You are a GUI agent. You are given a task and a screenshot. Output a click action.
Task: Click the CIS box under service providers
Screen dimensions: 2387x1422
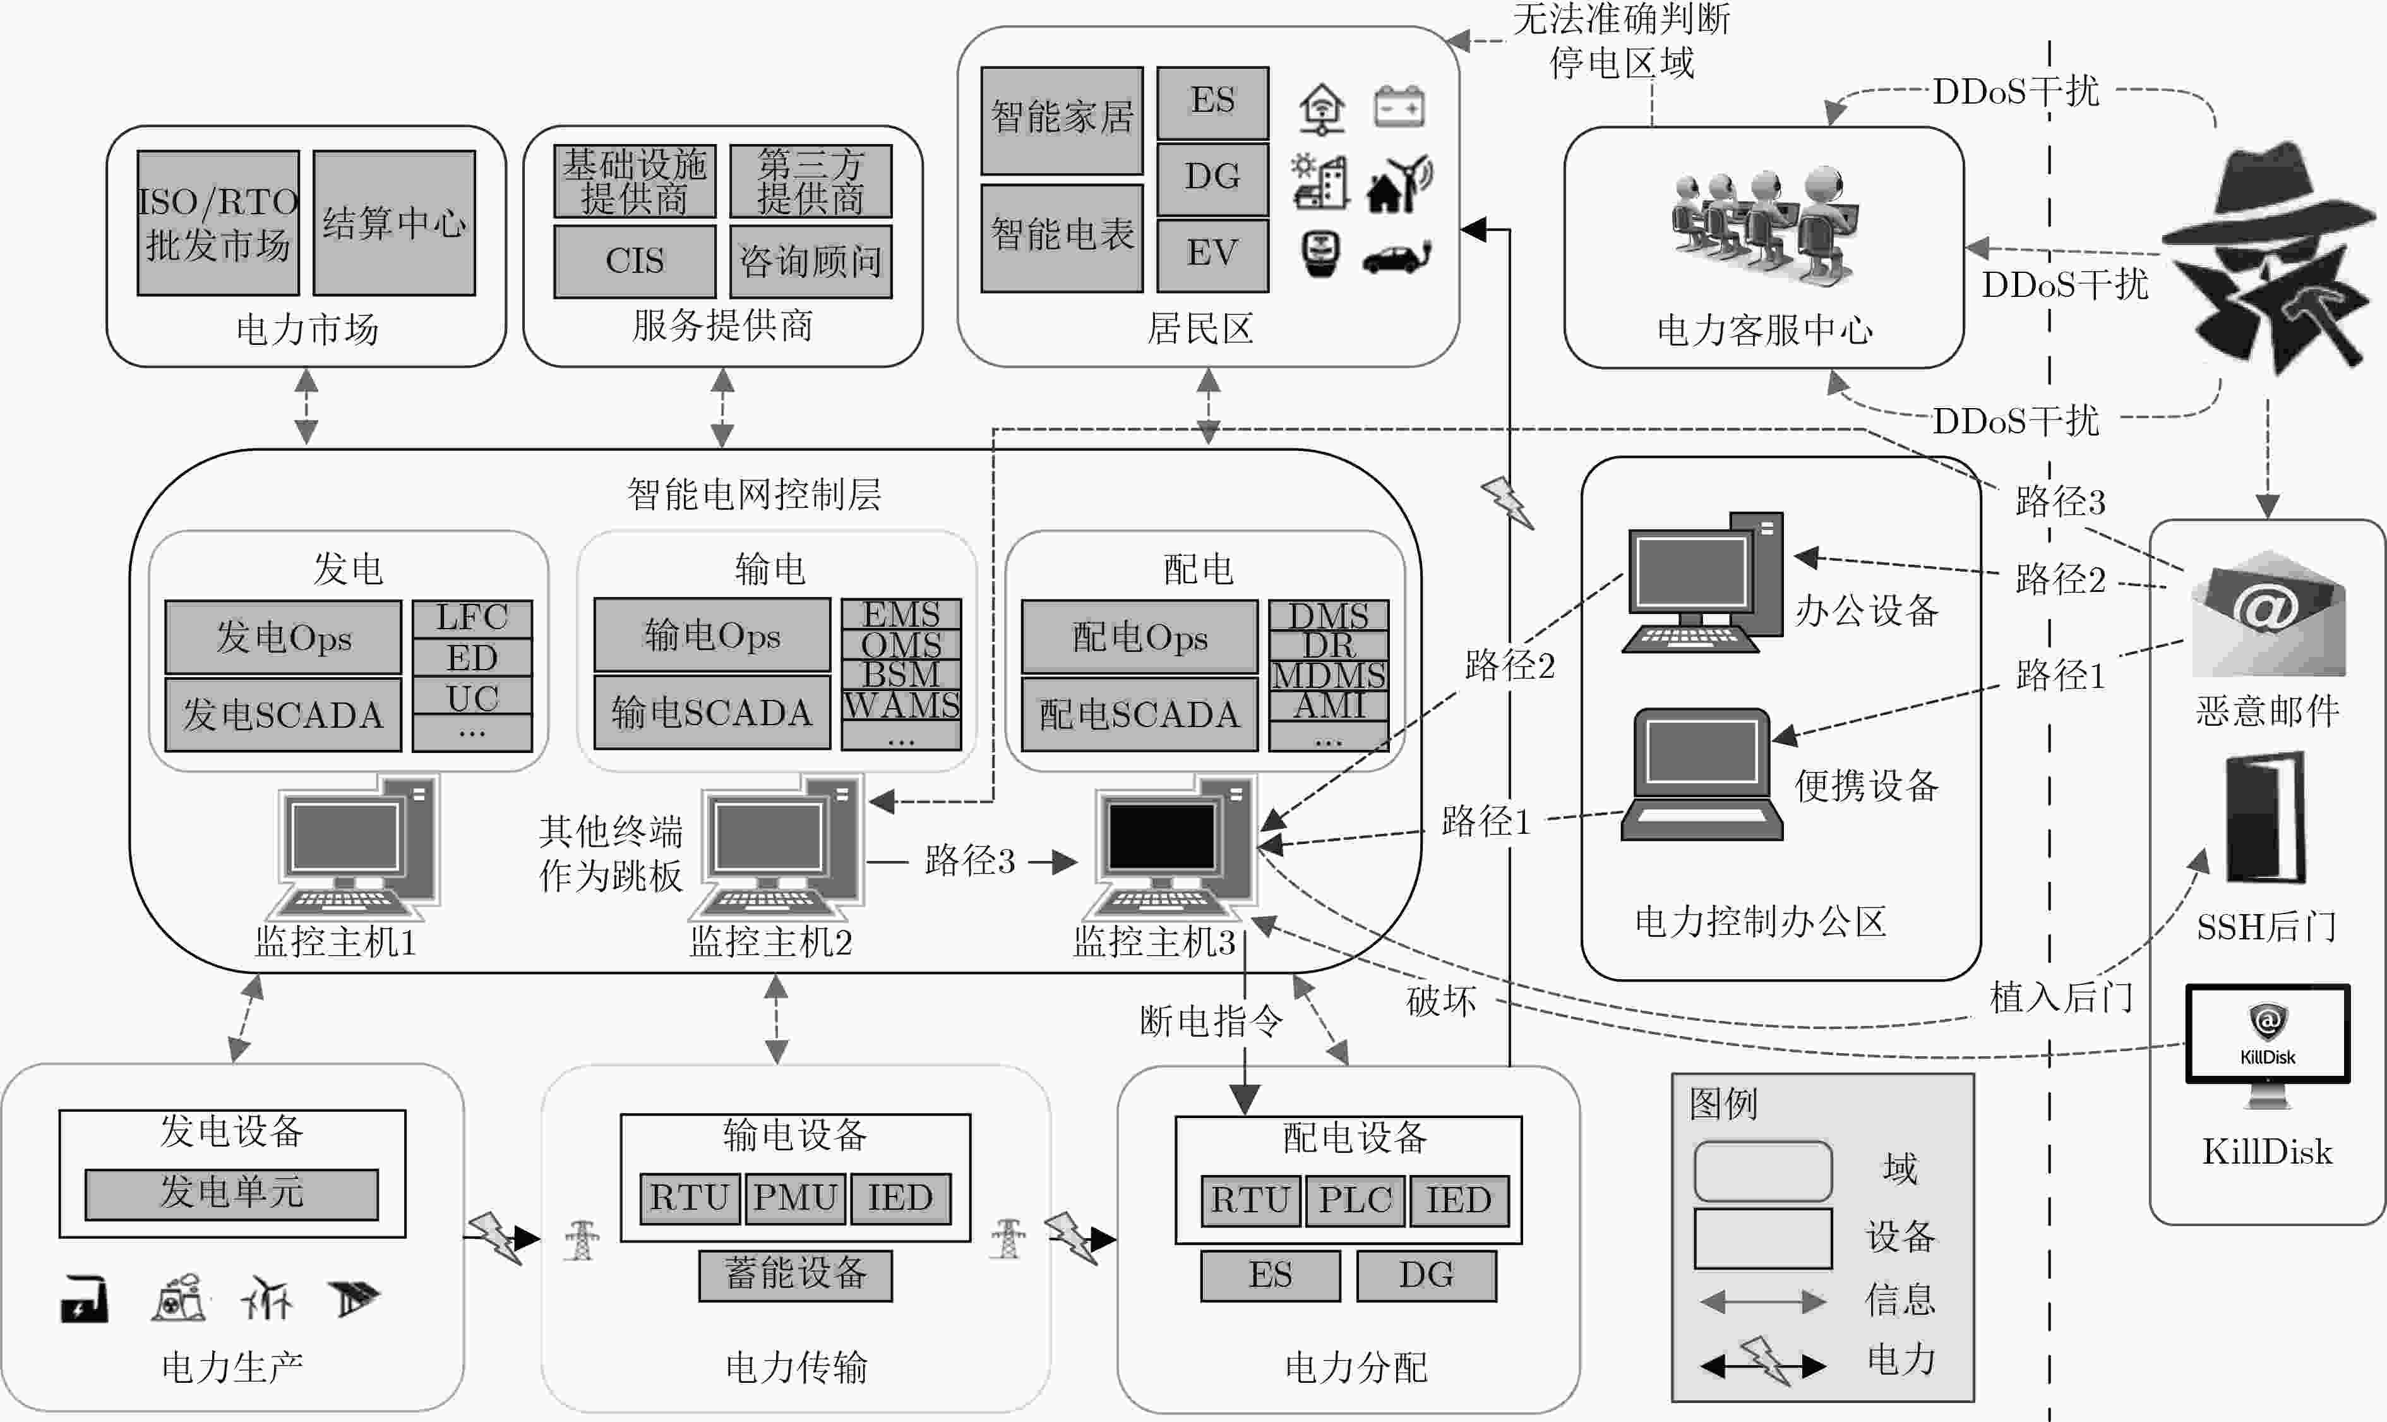pyautogui.click(x=634, y=261)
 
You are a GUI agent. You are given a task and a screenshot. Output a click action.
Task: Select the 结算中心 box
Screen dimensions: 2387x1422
pyautogui.click(x=393, y=222)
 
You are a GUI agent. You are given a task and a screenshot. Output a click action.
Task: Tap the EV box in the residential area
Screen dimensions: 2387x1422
pyautogui.click(x=1212, y=255)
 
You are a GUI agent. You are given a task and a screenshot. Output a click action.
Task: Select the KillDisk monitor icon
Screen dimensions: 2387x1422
pyautogui.click(x=2267, y=1044)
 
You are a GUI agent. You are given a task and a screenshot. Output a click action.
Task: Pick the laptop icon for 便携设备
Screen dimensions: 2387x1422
pyautogui.click(x=1701, y=774)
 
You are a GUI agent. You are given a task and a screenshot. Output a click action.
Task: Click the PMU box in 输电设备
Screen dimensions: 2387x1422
pyautogui.click(x=795, y=1198)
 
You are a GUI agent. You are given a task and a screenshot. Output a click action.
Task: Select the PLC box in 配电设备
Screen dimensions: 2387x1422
pyautogui.click(x=1355, y=1200)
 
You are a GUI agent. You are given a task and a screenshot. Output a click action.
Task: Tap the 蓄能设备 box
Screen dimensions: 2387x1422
pyautogui.click(x=795, y=1274)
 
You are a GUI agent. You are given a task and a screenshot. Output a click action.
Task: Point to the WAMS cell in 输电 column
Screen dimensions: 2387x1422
pyautogui.click(x=900, y=705)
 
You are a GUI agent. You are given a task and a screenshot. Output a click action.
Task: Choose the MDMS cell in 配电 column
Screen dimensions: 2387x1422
pyautogui.click(x=1329, y=675)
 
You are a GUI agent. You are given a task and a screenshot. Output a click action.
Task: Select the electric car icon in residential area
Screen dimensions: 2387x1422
pyautogui.click(x=1397, y=257)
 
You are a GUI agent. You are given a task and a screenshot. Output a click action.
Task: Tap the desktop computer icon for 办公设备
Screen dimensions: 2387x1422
pyautogui.click(x=1703, y=582)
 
